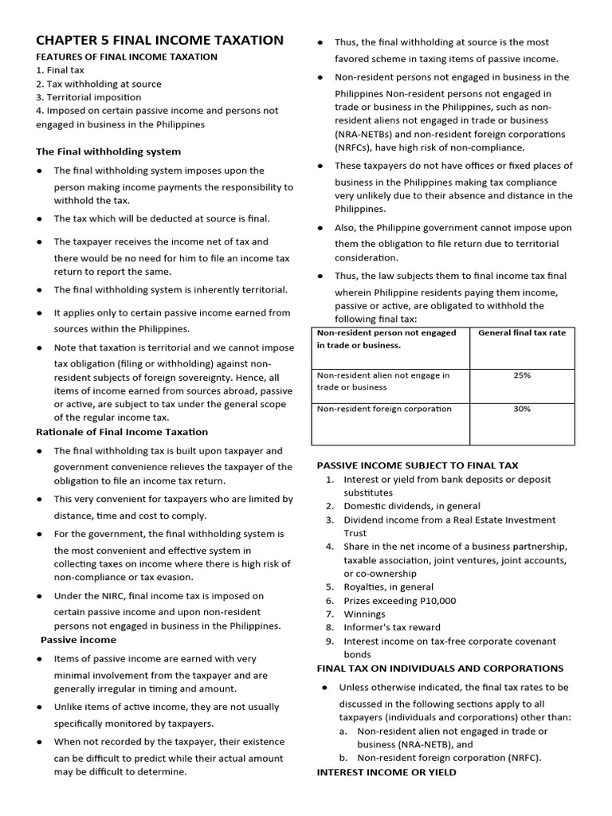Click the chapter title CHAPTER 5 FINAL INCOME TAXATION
click(x=159, y=40)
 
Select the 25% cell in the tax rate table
click(x=522, y=375)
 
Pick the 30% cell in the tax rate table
click(x=522, y=409)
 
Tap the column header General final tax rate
click(x=522, y=332)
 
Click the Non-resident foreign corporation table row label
click(x=384, y=409)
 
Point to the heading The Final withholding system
click(x=108, y=151)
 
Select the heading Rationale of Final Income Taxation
click(x=122, y=432)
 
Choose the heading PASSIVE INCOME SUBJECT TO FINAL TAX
click(x=418, y=465)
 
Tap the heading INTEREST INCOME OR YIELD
click(x=386, y=772)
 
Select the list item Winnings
click(x=364, y=614)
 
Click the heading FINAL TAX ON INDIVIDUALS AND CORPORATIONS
click(x=440, y=669)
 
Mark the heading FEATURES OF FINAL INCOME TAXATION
click(x=127, y=57)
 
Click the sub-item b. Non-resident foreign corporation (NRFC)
click(x=449, y=758)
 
